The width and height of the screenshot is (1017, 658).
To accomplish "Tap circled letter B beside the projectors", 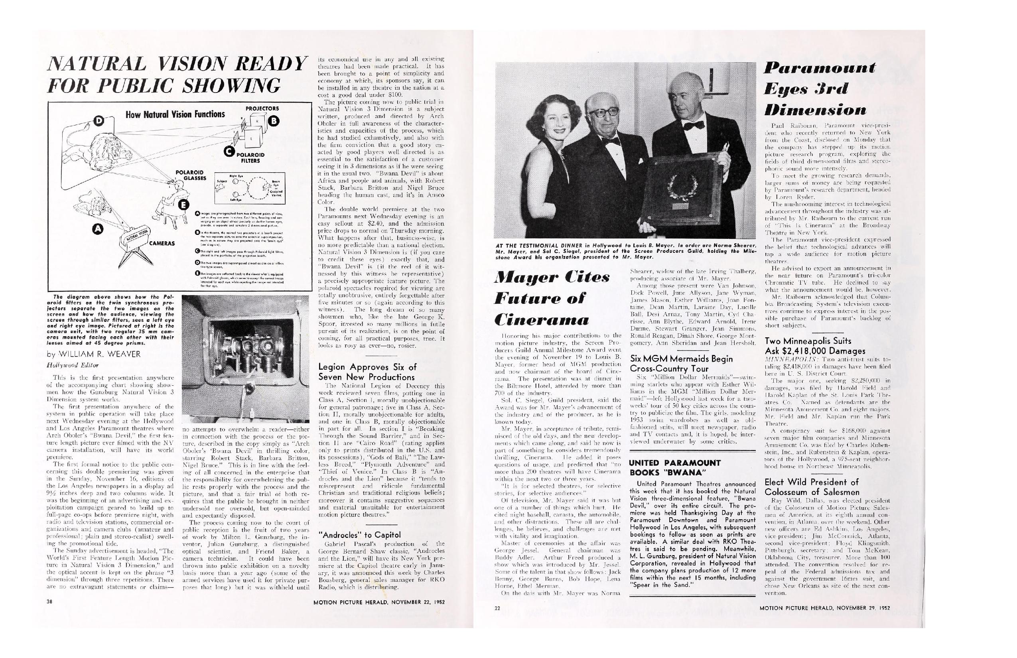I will click(274, 121).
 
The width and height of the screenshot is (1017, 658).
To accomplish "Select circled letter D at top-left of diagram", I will click(99, 121).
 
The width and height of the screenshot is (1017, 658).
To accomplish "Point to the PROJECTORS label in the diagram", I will click(262, 108).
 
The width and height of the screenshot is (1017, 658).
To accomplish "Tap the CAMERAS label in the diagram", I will click(162, 244).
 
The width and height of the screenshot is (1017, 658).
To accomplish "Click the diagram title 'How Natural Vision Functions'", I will click(175, 114).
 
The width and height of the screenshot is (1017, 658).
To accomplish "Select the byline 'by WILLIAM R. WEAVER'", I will click(94, 354).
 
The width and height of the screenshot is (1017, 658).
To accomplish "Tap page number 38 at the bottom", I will click(49, 602).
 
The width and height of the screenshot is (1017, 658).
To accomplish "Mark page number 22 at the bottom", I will click(497, 609).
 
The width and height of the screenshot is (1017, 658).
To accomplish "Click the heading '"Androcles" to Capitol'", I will click(360, 535).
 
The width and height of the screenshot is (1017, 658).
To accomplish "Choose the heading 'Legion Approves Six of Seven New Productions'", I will click(367, 372).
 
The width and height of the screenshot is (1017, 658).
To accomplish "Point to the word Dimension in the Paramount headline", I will click(815, 110).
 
